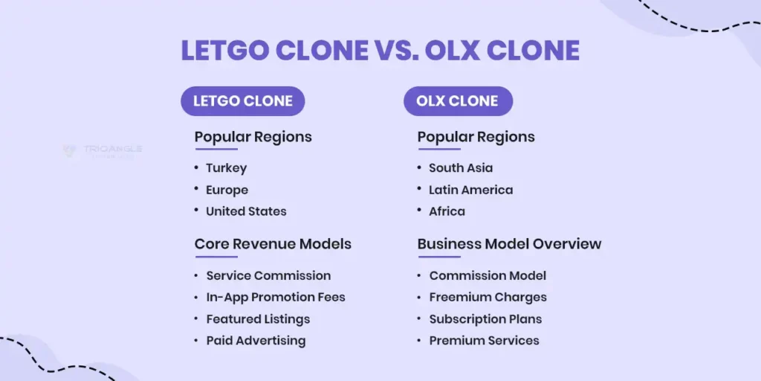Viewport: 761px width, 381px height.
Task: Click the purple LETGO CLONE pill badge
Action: tap(242, 101)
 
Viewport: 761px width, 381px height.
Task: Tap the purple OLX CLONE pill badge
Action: tap(458, 101)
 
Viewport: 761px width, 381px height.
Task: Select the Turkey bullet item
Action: tap(226, 168)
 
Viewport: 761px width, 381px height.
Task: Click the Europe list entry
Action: tap(227, 190)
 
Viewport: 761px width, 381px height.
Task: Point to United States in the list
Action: tap(246, 211)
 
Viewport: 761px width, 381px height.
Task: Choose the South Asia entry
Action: tap(460, 168)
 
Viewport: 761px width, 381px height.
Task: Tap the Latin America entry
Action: tap(470, 190)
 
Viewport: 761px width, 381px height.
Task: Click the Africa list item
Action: tap(447, 211)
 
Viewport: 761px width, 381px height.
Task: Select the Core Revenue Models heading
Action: tap(273, 244)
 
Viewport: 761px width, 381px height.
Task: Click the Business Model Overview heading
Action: tap(509, 244)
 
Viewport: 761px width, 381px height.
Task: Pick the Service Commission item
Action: tap(268, 275)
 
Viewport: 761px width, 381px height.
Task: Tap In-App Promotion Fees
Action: tap(276, 297)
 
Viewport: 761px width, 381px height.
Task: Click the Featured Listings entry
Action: tap(258, 318)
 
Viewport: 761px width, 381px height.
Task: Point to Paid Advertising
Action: tap(256, 340)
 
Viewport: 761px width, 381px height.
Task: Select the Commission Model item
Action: tap(488, 275)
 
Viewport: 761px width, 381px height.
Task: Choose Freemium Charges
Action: tap(488, 297)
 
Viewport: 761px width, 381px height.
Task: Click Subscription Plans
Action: tap(485, 318)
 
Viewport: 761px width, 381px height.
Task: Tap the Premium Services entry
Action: tap(484, 340)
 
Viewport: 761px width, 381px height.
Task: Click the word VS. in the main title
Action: tap(396, 51)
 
